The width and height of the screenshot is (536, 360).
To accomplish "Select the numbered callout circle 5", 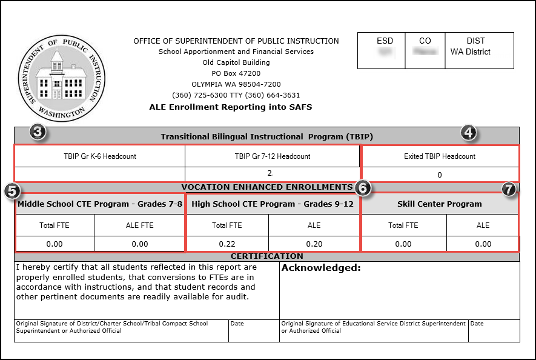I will tap(12, 191).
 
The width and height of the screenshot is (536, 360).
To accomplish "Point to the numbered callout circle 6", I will tap(363, 188).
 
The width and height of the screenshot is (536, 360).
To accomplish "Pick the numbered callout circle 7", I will tap(509, 190).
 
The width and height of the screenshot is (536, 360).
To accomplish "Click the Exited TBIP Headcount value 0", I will tap(440, 175).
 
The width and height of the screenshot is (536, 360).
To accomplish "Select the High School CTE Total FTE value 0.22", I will tap(227, 244).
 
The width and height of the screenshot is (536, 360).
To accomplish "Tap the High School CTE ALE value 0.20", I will tap(314, 244).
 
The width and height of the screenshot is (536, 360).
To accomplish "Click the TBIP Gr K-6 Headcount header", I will tap(100, 156).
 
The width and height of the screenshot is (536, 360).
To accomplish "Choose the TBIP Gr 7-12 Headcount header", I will tap(272, 156).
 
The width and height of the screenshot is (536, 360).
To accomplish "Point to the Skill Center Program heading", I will tap(440, 204).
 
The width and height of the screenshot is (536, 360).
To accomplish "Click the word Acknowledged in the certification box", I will tap(321, 268).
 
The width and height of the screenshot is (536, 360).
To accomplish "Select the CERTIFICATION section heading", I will tap(266, 256).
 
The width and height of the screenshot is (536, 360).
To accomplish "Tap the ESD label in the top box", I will tap(385, 41).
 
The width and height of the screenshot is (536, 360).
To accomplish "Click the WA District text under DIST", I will tap(470, 52).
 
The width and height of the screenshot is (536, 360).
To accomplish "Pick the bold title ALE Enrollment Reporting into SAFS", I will tap(231, 107).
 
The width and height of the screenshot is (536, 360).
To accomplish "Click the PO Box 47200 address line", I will tap(236, 73).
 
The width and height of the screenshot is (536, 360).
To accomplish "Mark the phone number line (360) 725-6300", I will tap(236, 95).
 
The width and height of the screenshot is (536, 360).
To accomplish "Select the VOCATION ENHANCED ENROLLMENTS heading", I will tap(266, 187).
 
